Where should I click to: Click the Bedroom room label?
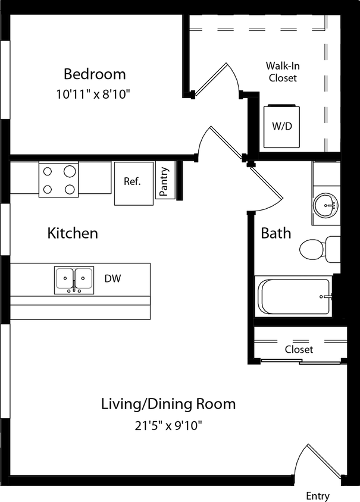click(x=95, y=74)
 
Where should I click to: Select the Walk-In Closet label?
click(x=282, y=72)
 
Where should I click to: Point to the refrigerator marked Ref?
click(x=132, y=182)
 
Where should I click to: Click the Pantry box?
click(x=165, y=181)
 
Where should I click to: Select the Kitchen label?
click(x=72, y=233)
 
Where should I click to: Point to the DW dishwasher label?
click(x=113, y=278)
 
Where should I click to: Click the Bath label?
click(x=276, y=233)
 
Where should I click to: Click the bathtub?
click(x=293, y=296)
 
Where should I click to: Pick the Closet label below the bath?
click(x=299, y=349)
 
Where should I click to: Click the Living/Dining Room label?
click(x=168, y=404)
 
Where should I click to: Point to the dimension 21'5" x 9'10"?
click(x=168, y=425)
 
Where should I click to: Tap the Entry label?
click(x=317, y=495)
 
